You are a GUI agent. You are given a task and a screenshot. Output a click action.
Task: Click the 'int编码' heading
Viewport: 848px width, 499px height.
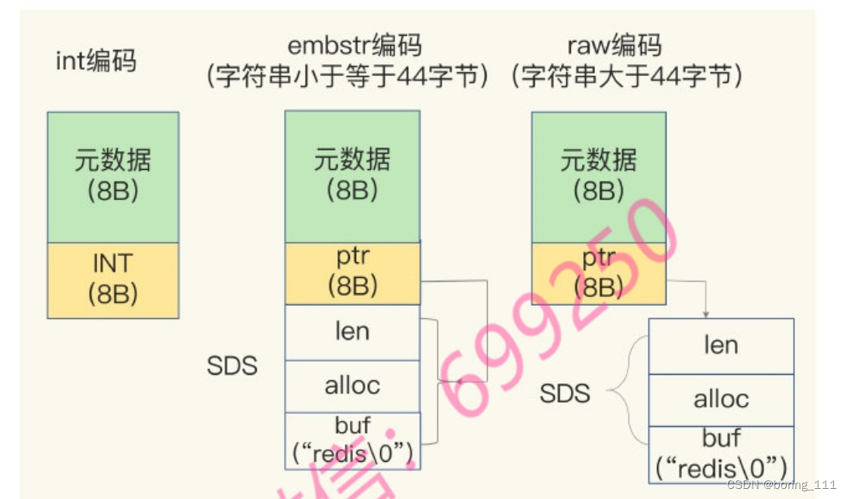tap(95, 61)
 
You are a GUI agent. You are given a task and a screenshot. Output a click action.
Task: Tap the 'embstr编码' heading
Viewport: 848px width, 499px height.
tap(352, 47)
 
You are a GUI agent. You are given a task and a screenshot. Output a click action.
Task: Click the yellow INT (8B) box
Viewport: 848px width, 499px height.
tap(113, 279)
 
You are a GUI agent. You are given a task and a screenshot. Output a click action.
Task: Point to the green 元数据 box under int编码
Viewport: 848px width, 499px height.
tap(113, 176)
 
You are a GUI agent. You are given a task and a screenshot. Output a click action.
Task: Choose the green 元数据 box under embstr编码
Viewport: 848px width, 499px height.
tap(352, 176)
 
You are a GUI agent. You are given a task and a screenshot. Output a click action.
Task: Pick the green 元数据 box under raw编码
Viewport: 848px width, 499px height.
tap(598, 176)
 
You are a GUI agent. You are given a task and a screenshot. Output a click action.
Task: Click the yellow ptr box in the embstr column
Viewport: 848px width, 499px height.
tap(352, 273)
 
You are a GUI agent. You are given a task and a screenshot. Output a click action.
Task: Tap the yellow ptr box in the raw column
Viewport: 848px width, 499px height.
tap(598, 273)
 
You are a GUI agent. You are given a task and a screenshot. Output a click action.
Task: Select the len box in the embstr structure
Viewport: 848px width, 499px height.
tap(352, 332)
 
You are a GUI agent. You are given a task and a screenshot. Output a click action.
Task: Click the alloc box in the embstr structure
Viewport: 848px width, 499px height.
tap(352, 386)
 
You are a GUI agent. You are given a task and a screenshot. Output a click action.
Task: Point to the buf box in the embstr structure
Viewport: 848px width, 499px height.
tap(352, 440)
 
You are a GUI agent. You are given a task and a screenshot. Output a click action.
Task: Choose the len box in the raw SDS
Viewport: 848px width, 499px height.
tap(721, 346)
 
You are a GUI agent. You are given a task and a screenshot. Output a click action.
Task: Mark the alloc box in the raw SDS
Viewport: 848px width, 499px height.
tap(721, 400)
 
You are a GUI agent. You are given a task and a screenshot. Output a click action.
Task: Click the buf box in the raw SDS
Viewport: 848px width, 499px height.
tap(721, 453)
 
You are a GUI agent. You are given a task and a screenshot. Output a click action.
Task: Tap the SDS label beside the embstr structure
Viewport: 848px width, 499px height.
tap(232, 366)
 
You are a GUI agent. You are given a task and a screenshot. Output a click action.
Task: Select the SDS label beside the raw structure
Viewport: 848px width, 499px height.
tap(565, 393)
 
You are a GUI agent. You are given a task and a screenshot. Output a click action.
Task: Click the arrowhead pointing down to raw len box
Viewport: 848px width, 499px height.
tap(706, 313)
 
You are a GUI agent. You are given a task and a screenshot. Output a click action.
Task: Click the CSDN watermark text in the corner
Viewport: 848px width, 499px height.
tap(781, 484)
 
